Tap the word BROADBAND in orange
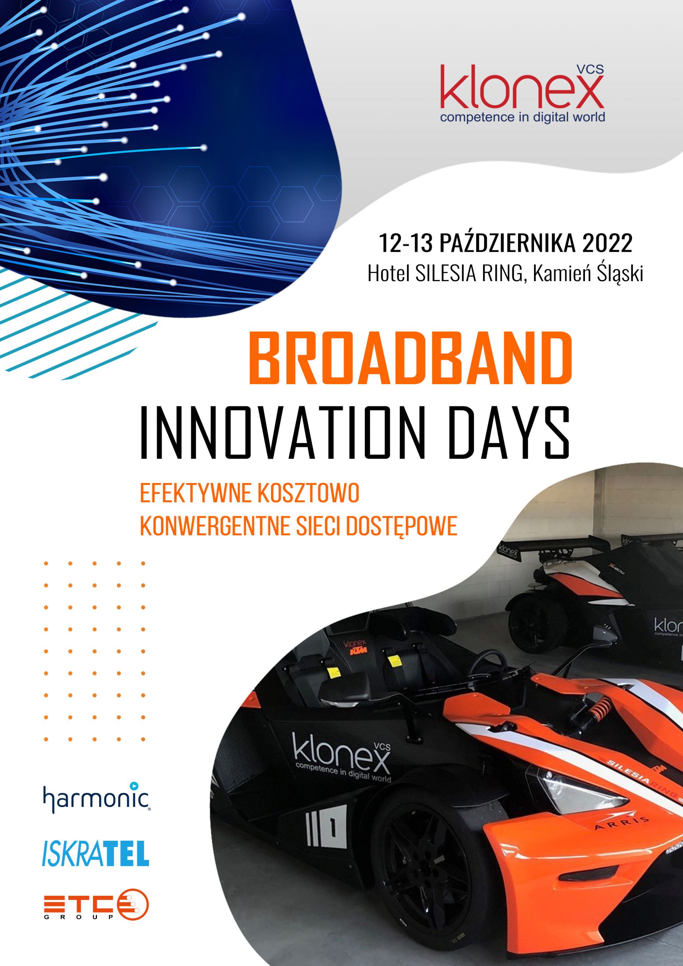[411, 358]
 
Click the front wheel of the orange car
[425, 896]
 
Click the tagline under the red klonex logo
[522, 117]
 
